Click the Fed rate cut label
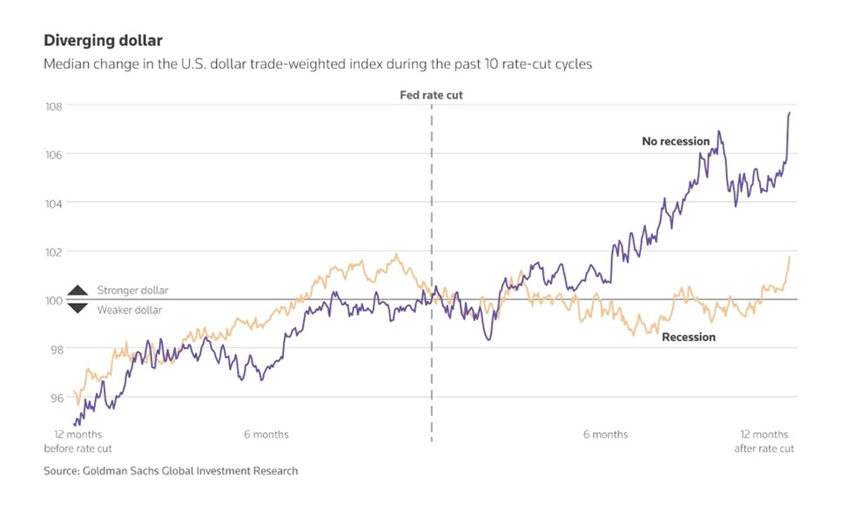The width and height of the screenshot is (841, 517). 431,94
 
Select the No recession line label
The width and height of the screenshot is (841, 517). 676,141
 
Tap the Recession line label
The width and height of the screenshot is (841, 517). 689,337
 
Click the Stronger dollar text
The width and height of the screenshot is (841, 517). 132,291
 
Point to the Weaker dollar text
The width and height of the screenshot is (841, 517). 129,310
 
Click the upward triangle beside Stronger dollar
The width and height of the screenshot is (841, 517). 77,291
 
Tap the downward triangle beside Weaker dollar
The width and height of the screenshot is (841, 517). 77,308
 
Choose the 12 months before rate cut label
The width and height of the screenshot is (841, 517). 77,441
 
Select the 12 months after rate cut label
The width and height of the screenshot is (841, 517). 764,441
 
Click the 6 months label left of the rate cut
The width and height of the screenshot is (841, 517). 266,434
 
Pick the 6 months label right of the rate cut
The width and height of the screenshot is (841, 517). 605,434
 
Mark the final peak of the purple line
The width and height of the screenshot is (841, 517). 790,112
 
